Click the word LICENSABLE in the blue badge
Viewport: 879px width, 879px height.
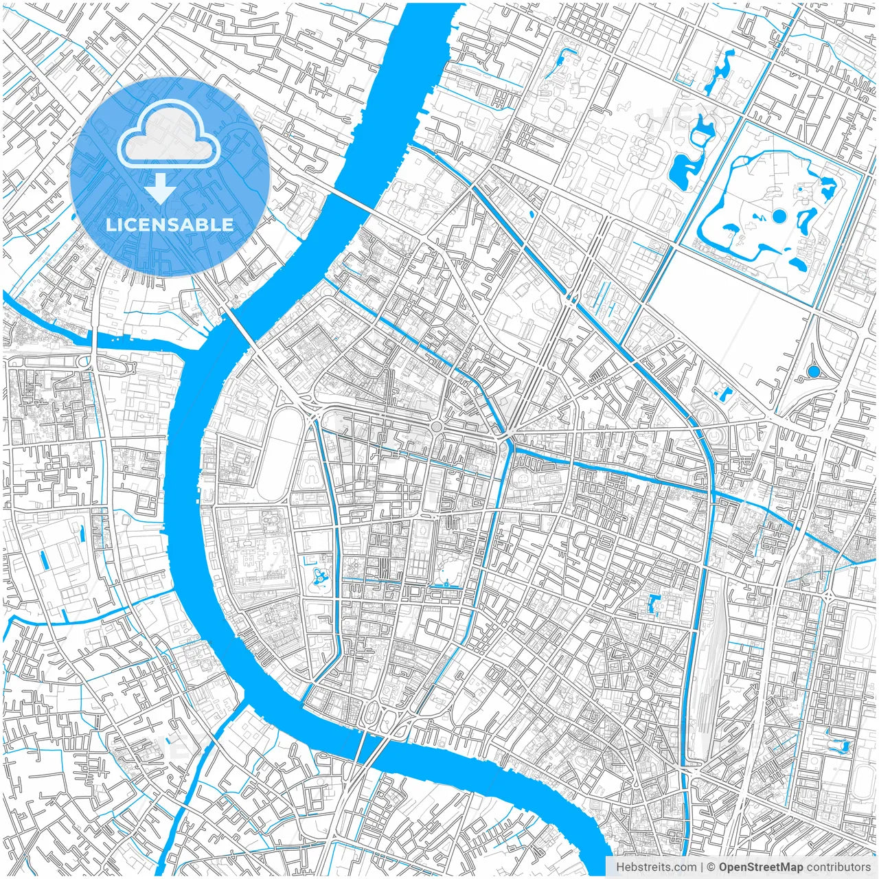coord(170,225)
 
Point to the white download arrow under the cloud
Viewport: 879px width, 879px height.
coord(161,188)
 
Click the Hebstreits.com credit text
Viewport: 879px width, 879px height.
coord(656,867)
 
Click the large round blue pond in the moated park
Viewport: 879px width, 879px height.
coord(779,216)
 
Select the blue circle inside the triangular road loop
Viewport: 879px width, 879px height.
coord(814,372)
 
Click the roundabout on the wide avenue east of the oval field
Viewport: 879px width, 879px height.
coord(437,427)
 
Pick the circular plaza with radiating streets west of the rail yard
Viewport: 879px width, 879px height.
coord(646,694)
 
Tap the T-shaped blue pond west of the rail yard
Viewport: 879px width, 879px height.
coord(653,604)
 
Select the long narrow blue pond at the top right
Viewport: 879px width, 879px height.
coord(718,72)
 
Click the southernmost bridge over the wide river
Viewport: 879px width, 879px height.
coord(364,749)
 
